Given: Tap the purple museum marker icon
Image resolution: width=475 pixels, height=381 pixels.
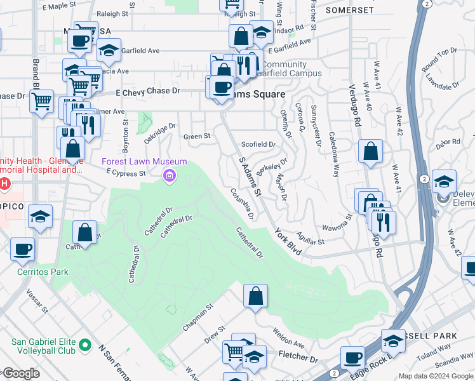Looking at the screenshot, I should (x=170, y=175).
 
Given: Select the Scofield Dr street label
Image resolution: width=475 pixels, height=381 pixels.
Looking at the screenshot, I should (x=258, y=145).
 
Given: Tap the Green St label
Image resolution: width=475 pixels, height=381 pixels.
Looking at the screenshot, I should (x=197, y=137).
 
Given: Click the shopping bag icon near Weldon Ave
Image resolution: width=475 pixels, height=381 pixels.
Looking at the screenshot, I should (x=255, y=297).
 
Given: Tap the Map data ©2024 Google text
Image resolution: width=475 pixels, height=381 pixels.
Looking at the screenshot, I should (x=435, y=376).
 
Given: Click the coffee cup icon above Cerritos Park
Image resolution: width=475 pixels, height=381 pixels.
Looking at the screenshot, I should (x=23, y=249).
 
